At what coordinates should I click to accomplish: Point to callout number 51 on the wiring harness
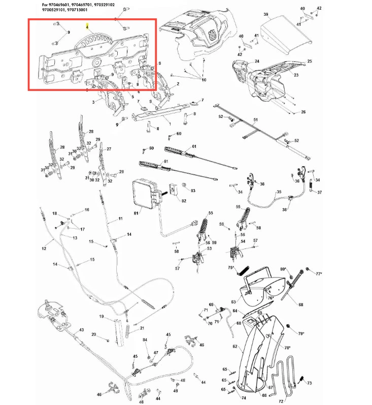256,119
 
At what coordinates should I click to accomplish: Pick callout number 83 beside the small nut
192,191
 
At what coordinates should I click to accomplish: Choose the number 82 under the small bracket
184,201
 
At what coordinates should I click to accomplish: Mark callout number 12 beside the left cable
44,248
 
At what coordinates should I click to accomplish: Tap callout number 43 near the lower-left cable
81,330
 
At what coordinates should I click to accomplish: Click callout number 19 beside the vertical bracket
102,317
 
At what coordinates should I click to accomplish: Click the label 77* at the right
319,274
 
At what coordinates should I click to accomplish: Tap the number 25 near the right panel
309,61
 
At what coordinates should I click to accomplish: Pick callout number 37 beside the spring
319,193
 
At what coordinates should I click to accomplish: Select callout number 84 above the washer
145,340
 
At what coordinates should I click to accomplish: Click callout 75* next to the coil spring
231,267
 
